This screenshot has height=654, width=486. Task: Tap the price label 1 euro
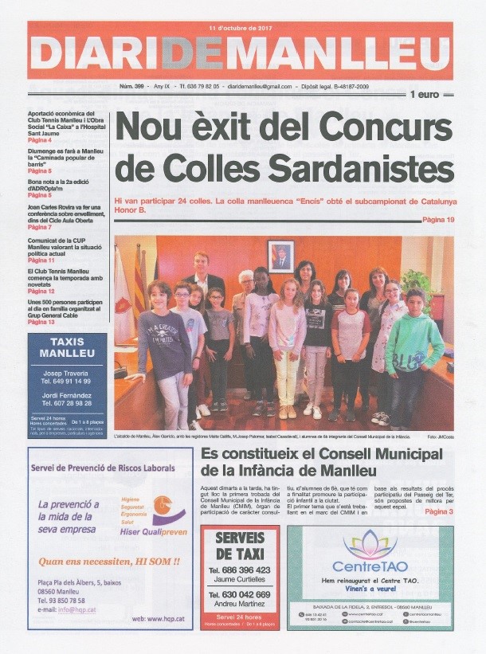425,95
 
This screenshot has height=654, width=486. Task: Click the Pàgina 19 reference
438,219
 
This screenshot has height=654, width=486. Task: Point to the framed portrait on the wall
280,257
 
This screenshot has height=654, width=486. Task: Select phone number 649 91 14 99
67,382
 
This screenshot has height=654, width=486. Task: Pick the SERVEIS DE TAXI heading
240,546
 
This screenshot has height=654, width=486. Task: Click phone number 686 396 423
240,570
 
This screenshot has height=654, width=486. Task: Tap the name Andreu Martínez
240,605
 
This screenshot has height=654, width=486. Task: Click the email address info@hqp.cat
84,610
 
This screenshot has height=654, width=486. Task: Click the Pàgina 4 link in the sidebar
40,140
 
